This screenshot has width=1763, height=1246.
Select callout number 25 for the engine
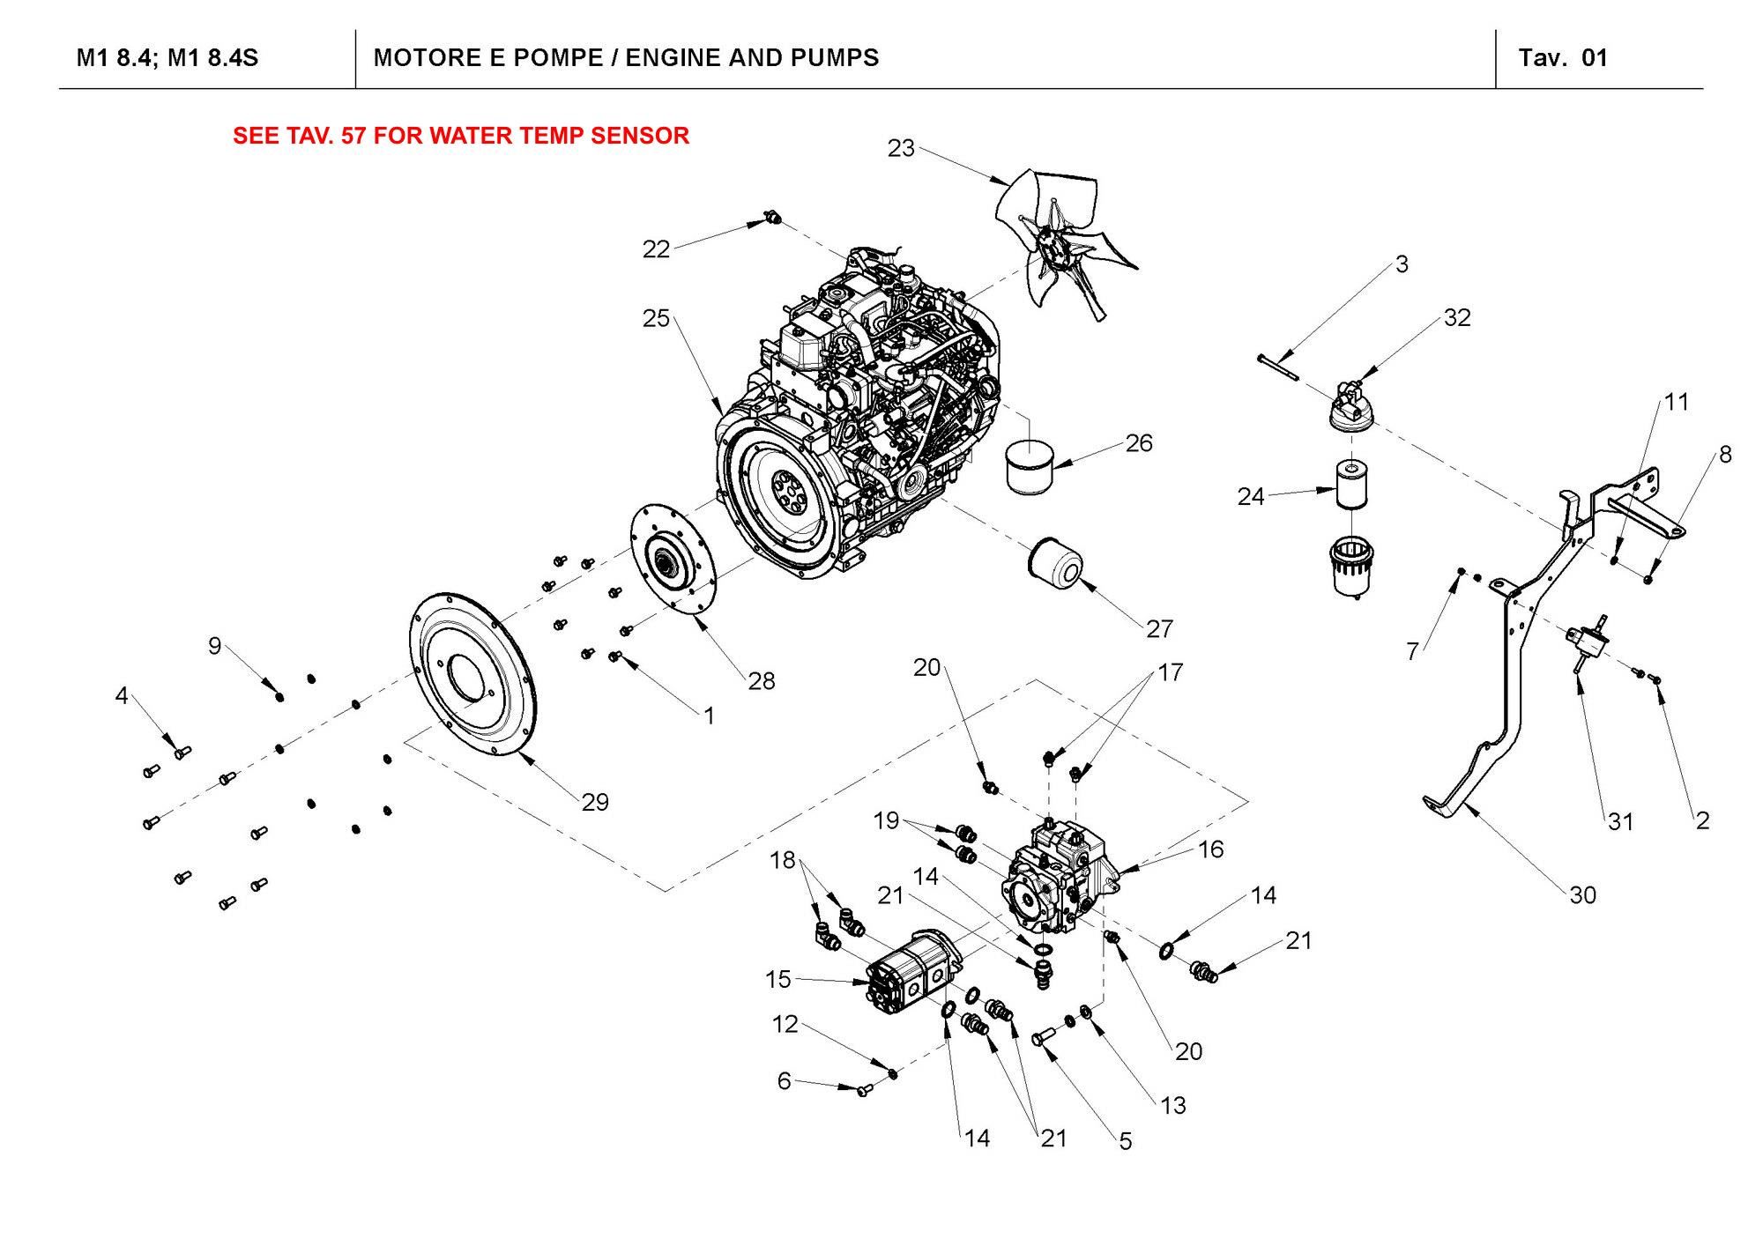point(656,318)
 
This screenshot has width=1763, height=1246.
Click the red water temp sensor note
point(460,136)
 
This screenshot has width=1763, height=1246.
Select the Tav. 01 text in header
point(1563,58)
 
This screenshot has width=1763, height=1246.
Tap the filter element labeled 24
point(1350,484)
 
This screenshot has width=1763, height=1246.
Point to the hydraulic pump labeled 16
point(1053,877)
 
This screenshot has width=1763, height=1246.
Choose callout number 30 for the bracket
point(1582,895)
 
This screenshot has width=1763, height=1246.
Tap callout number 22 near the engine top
point(656,249)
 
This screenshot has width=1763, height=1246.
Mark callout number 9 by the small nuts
point(214,646)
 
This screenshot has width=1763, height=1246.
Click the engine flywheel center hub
point(784,487)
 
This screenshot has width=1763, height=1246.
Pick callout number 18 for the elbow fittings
point(782,860)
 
